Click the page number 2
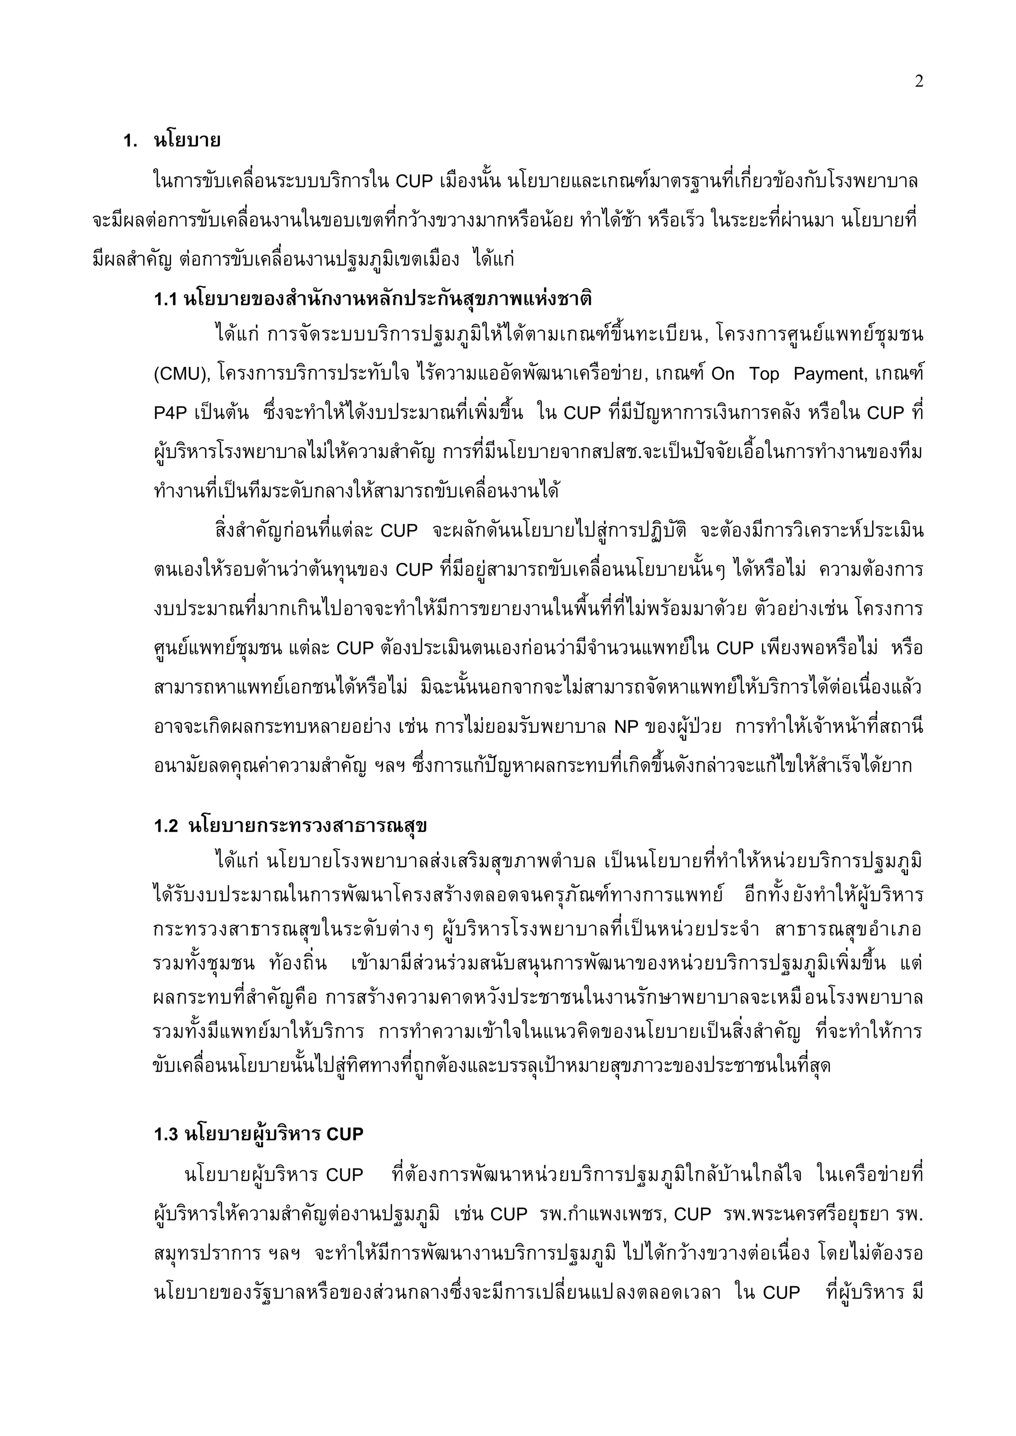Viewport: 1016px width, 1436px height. pos(918,82)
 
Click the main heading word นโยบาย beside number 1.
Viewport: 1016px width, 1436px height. pos(187,140)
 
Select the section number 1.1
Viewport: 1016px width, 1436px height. pos(166,299)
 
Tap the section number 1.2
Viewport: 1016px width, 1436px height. pos(166,826)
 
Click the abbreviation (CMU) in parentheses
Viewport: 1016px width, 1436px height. pos(180,374)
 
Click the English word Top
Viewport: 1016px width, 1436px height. pos(764,374)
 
